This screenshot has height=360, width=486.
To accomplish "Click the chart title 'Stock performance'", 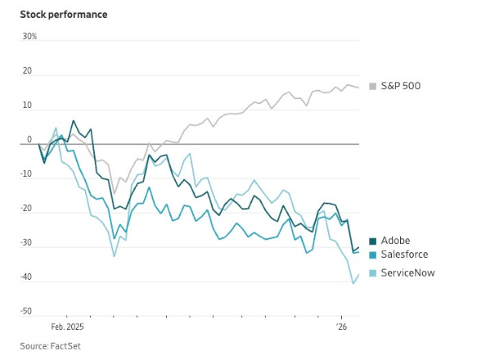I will (x=63, y=15).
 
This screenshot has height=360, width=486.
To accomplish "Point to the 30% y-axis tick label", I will (x=30, y=36).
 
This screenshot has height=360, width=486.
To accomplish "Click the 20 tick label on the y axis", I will (x=28, y=71).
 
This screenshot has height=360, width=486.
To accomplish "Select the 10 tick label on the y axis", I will (x=28, y=105).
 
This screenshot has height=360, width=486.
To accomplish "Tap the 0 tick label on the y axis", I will (x=29, y=139).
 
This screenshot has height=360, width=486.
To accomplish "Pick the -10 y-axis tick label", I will (x=27, y=174).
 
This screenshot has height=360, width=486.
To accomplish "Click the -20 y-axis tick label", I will (x=27, y=208).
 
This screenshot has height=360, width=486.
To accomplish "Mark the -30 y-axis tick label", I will (x=27, y=242).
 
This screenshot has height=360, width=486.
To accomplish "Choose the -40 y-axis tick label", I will (x=27, y=277).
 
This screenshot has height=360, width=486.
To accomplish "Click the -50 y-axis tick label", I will (x=27, y=311).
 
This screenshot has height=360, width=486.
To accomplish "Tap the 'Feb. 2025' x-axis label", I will (x=67, y=328).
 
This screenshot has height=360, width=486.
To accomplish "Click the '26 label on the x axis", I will (x=342, y=328).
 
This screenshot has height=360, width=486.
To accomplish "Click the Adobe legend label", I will (x=395, y=240).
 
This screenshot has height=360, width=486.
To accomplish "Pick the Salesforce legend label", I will (x=404, y=255).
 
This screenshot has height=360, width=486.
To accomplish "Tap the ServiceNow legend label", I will (x=407, y=272).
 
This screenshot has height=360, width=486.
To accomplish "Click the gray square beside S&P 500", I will (x=373, y=86).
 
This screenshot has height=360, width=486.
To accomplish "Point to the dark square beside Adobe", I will (x=373, y=240).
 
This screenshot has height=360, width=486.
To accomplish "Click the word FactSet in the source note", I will (x=63, y=346).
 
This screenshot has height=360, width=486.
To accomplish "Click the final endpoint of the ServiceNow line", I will (x=358, y=274).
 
